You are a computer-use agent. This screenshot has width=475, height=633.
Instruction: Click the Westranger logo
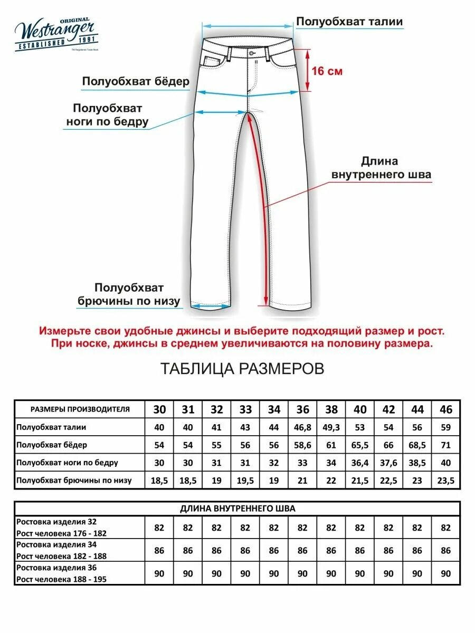tap(55, 34)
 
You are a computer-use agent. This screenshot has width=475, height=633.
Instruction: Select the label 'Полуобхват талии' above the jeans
tap(349, 22)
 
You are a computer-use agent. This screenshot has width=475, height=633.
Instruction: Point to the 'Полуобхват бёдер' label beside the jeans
tap(135, 82)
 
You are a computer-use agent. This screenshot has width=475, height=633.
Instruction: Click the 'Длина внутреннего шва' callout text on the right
tap(381, 168)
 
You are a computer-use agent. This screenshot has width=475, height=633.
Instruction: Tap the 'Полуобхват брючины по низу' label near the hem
tap(129, 295)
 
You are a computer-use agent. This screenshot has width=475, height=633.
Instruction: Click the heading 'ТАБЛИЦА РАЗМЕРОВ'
tap(242, 369)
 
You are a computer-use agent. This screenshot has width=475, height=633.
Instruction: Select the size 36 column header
tap(302, 409)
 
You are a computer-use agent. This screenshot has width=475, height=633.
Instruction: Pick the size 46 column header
tap(446, 409)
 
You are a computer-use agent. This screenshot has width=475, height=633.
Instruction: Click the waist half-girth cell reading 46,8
tap(302, 427)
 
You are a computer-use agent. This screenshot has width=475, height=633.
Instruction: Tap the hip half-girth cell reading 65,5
tap(360, 445)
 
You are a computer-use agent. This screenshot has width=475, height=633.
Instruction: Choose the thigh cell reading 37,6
tap(388, 463)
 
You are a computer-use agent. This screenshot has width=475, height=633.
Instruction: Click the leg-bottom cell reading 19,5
tap(245, 481)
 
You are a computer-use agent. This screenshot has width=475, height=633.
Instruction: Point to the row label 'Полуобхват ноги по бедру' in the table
tap(67, 463)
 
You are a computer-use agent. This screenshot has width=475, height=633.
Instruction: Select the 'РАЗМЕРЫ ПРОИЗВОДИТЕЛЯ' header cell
tap(80, 409)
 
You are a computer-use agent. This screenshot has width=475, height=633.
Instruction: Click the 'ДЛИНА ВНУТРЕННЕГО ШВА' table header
tap(237, 509)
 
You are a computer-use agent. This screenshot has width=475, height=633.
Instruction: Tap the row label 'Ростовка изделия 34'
tap(56, 544)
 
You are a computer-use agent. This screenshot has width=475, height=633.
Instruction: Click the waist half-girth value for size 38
tap(331, 427)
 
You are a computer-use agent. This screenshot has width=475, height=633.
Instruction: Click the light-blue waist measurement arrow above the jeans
tap(248, 25)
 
